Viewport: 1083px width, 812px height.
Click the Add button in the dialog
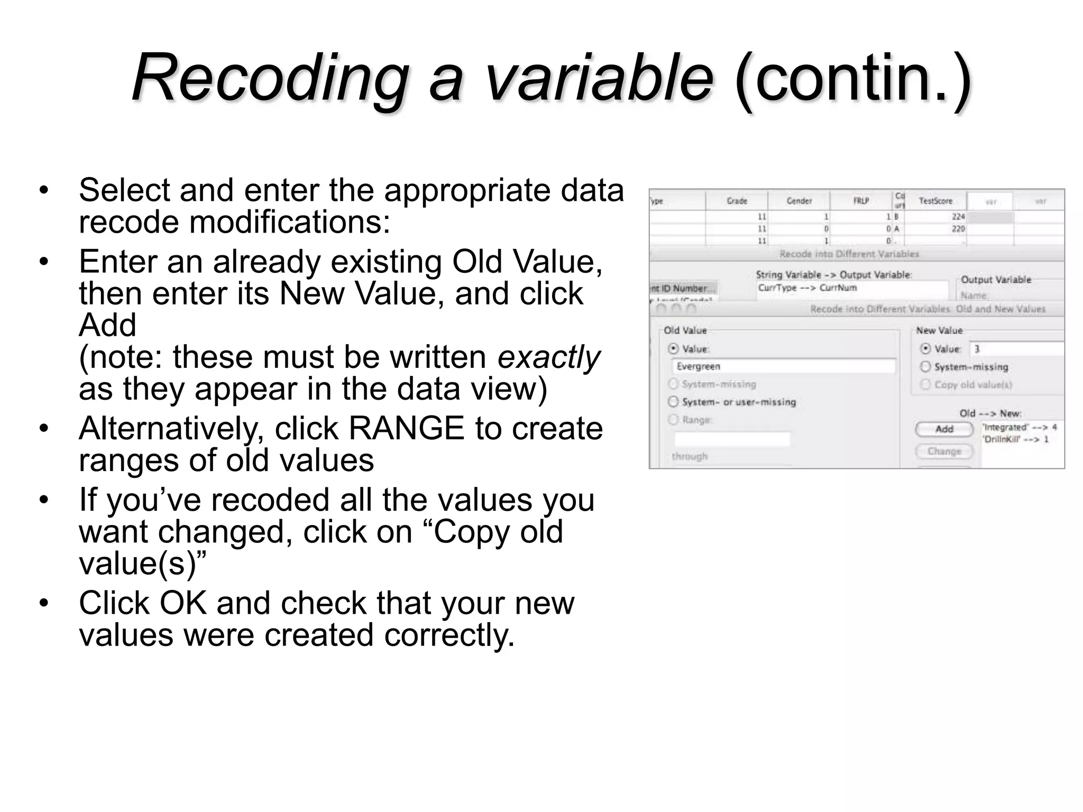pos(944,429)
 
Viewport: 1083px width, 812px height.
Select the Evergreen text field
pos(783,366)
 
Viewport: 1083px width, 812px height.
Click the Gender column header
pos(799,201)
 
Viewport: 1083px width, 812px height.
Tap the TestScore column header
pos(935,201)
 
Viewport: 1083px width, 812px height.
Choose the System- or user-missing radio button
pos(673,402)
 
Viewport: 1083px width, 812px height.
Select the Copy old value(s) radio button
pos(925,384)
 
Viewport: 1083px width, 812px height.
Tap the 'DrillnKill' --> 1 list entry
pos(1015,439)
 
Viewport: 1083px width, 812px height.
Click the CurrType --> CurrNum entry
pos(807,288)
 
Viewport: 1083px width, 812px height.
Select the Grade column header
pos(737,201)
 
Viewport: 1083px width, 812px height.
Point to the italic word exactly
pos(548,357)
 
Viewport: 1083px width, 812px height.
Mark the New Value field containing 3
pos(1015,349)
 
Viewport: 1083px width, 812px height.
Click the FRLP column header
pos(861,201)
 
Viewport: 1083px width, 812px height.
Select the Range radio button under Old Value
pos(673,420)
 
